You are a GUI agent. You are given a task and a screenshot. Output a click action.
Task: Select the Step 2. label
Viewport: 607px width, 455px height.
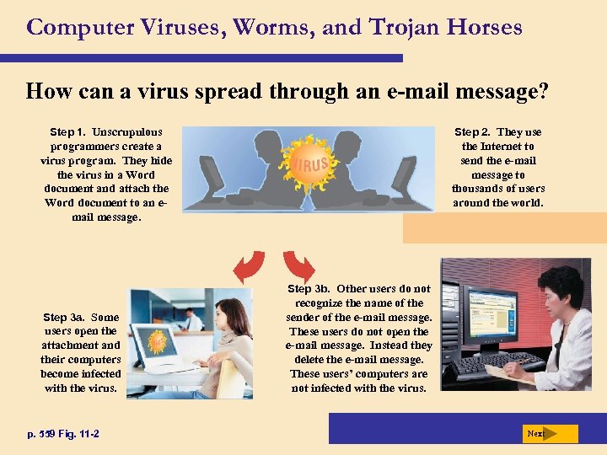click(475, 132)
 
